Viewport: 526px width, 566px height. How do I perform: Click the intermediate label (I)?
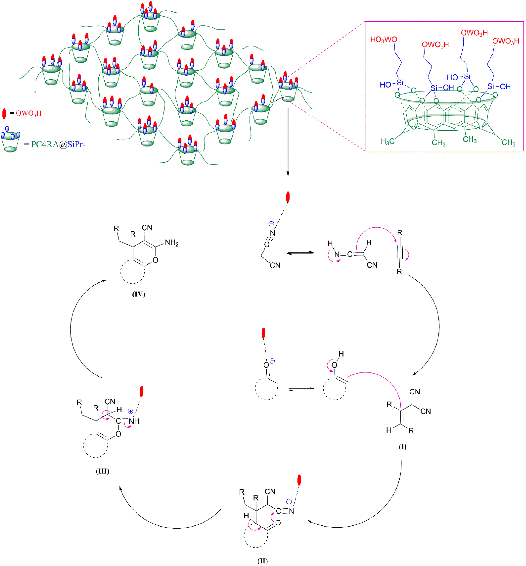click(402, 446)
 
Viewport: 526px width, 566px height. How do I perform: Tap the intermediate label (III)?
click(103, 471)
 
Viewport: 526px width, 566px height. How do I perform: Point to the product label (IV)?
click(139, 294)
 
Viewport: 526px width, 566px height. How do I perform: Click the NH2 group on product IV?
click(172, 243)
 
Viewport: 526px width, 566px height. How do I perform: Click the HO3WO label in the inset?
click(383, 39)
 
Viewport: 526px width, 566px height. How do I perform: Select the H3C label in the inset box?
click(388, 141)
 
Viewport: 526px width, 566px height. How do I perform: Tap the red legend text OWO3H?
click(29, 113)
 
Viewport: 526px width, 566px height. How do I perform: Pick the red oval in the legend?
click(4, 114)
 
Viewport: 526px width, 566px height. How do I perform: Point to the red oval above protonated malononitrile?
click(288, 197)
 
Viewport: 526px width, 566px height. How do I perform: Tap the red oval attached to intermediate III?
click(141, 391)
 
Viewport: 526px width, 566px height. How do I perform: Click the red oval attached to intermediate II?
click(299, 480)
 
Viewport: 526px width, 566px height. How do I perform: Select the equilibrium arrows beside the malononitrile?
click(300, 253)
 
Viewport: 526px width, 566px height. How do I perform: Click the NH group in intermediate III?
click(134, 421)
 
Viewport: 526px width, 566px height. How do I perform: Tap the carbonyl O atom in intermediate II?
click(278, 523)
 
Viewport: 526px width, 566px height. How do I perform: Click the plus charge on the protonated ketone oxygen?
click(272, 361)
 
